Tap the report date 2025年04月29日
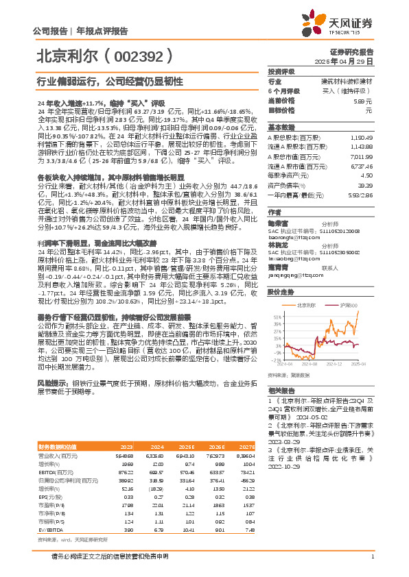pyautogui.click(x=354, y=61)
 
